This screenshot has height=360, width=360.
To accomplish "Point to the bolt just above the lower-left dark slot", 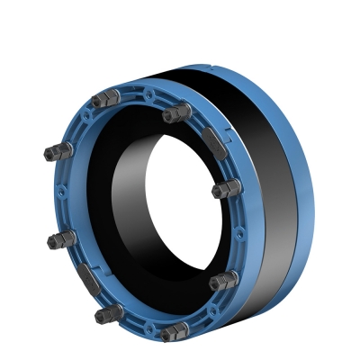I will pos(61,238).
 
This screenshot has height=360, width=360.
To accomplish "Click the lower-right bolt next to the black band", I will pos(220,282).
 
